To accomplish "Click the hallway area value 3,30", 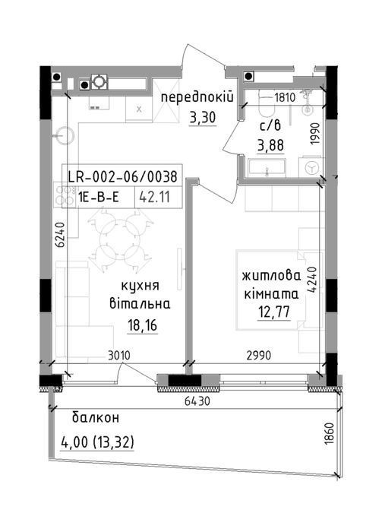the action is point(203,118).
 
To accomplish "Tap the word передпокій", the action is point(197,98).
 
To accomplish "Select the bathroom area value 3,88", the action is point(271,146).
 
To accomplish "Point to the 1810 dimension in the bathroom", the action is point(285,98).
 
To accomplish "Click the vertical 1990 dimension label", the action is point(316,134).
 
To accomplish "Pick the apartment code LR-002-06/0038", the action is point(123,177).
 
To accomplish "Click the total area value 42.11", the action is point(155,197).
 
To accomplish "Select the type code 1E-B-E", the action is point(99,197).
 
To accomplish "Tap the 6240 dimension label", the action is point(59,235).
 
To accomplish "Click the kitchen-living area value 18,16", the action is point(142,326).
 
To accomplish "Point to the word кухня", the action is point(140,286).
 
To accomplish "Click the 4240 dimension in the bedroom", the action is point(312,279).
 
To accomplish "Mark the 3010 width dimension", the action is point(119,356).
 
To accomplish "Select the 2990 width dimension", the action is point(259,356).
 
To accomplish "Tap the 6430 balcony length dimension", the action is point(197,401).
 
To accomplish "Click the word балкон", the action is point(96,418).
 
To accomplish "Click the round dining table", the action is point(120,238).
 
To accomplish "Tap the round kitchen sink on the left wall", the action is point(65,136).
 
